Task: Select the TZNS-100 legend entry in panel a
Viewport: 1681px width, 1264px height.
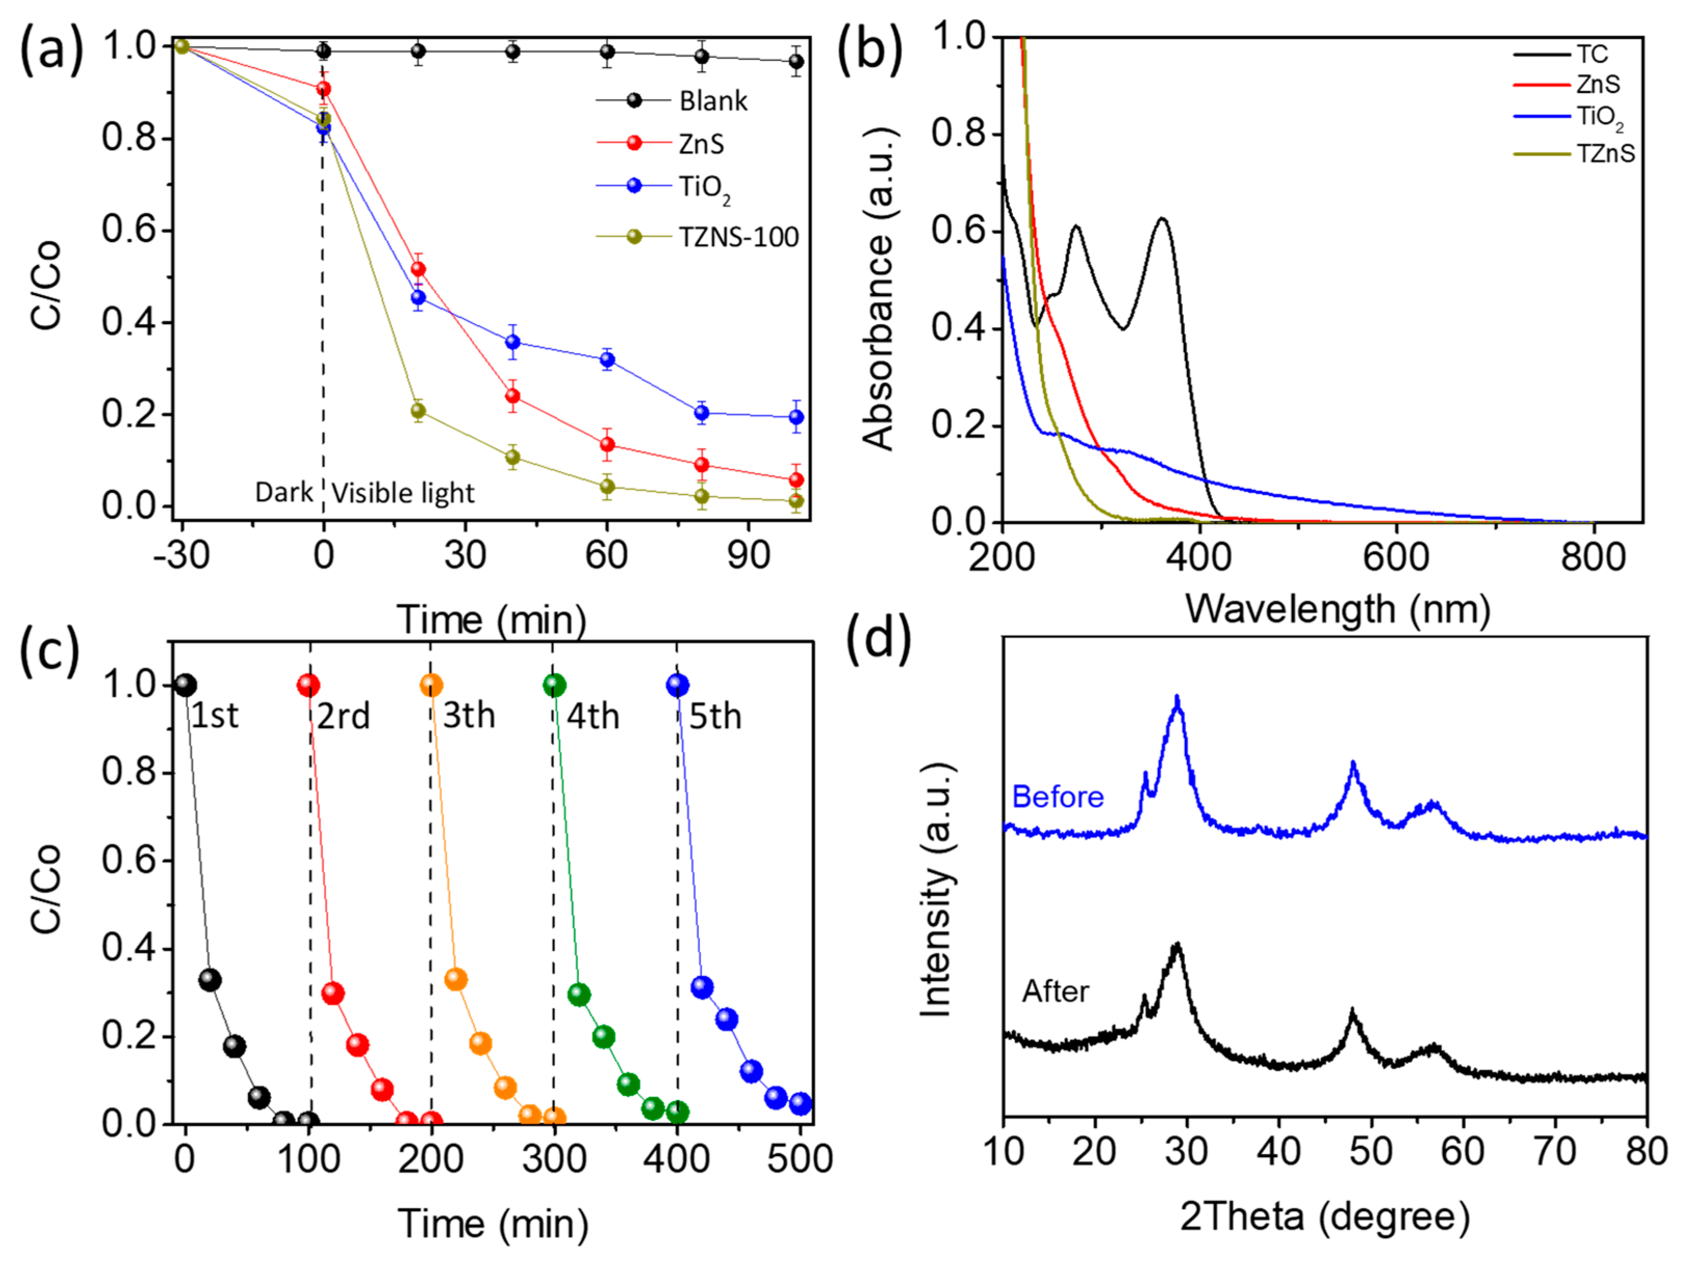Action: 738,237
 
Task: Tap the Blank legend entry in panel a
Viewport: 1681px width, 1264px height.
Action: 713,101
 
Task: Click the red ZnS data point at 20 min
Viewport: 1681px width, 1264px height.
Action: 418,269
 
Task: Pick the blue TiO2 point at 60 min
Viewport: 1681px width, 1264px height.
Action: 607,360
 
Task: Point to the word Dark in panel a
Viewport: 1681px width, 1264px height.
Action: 284,492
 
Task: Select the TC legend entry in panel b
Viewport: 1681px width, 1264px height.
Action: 1592,55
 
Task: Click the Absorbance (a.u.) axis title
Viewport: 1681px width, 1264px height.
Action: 879,289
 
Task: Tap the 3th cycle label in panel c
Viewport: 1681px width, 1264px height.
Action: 469,716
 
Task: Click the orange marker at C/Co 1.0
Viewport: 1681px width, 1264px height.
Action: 431,685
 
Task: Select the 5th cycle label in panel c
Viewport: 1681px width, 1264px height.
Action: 715,716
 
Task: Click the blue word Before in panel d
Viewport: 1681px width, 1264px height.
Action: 1058,797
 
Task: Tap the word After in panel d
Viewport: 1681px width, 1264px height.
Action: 1056,991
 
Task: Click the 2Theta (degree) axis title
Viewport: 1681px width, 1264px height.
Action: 1325,1217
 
